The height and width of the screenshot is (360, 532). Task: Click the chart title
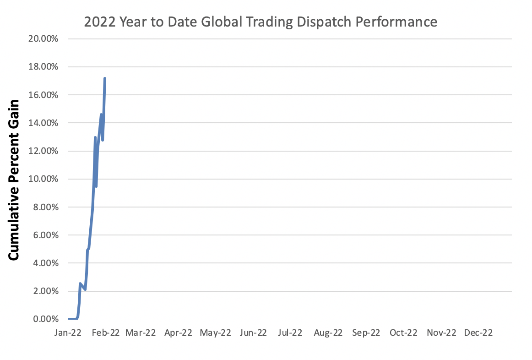[261, 22]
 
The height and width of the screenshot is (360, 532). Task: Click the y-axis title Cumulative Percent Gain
[14, 180]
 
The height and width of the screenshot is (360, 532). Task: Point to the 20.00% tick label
[43, 39]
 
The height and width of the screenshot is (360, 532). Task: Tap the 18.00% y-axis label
[43, 67]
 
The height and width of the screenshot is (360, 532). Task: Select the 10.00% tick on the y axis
[43, 179]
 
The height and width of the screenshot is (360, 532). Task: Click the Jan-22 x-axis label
[68, 333]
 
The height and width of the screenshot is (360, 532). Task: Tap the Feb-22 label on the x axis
[105, 333]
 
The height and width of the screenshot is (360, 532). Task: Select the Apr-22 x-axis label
[178, 333]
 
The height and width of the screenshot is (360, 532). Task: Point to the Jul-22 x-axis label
[289, 333]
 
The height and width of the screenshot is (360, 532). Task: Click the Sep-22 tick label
[366, 333]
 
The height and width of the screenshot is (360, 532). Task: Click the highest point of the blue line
[105, 78]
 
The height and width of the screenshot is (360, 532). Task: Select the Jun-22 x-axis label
[253, 333]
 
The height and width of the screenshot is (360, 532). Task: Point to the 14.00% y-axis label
[43, 123]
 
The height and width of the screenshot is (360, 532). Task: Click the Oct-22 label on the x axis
[403, 333]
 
